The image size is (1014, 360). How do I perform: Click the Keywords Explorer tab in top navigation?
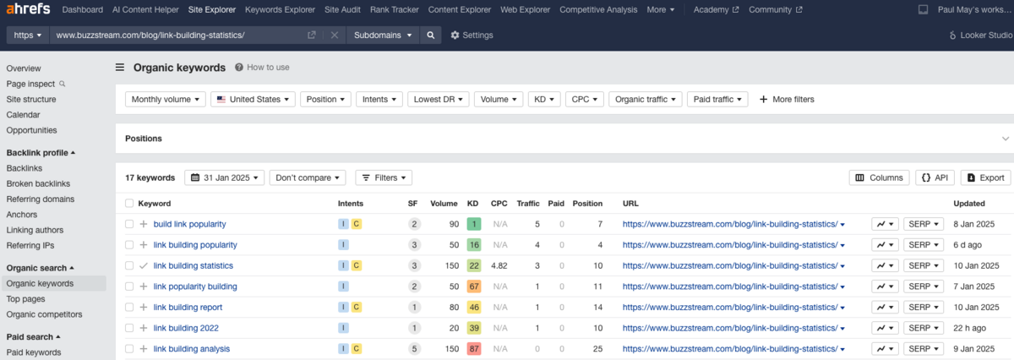281,10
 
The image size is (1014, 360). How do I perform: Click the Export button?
985,177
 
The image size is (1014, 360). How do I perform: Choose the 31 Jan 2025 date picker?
224,177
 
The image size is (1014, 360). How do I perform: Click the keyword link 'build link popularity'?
189,224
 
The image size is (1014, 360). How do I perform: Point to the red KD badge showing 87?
474,348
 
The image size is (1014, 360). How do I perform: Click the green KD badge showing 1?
474,224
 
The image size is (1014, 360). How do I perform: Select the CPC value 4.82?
499,265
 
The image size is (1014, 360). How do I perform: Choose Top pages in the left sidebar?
25,299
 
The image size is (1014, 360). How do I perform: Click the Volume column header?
444,204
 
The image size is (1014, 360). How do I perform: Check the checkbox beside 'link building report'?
129,307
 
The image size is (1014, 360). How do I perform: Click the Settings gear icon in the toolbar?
455,35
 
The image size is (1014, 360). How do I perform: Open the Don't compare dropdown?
310,177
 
